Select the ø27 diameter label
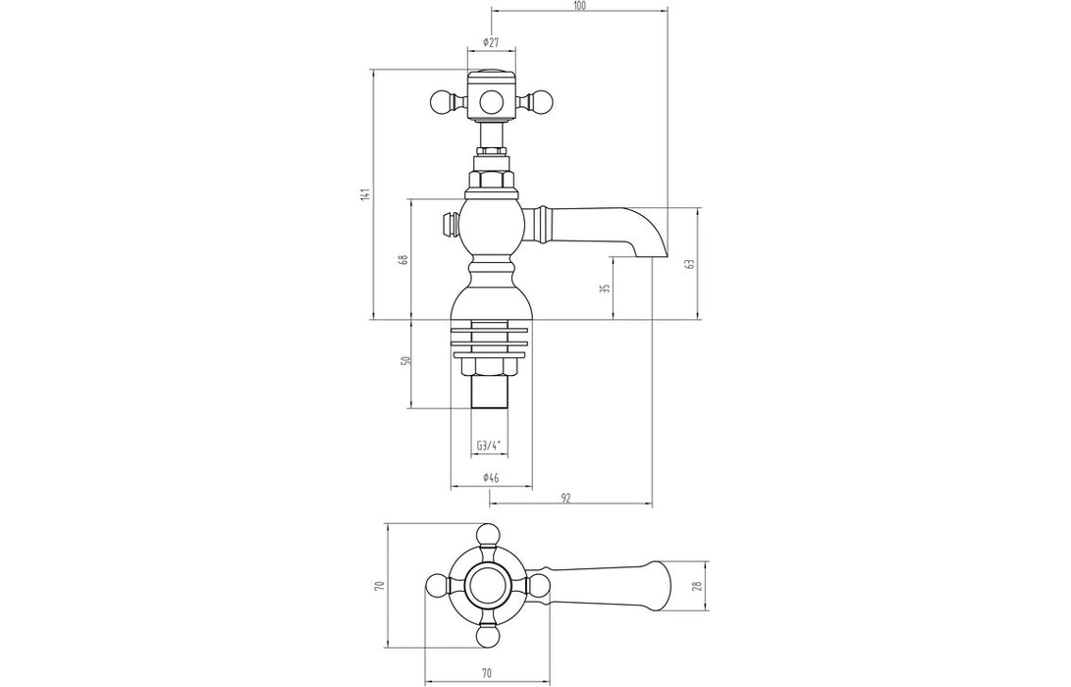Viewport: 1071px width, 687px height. [x=491, y=42]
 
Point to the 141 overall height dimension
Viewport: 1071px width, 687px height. [x=364, y=194]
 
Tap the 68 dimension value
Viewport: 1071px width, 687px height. [x=402, y=260]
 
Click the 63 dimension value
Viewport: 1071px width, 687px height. [x=690, y=264]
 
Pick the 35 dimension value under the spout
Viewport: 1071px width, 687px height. [x=605, y=288]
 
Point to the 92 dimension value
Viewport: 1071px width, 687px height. [x=566, y=499]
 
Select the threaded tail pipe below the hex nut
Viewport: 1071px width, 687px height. [x=489, y=394]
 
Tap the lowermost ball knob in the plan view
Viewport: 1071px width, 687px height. [x=488, y=638]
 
